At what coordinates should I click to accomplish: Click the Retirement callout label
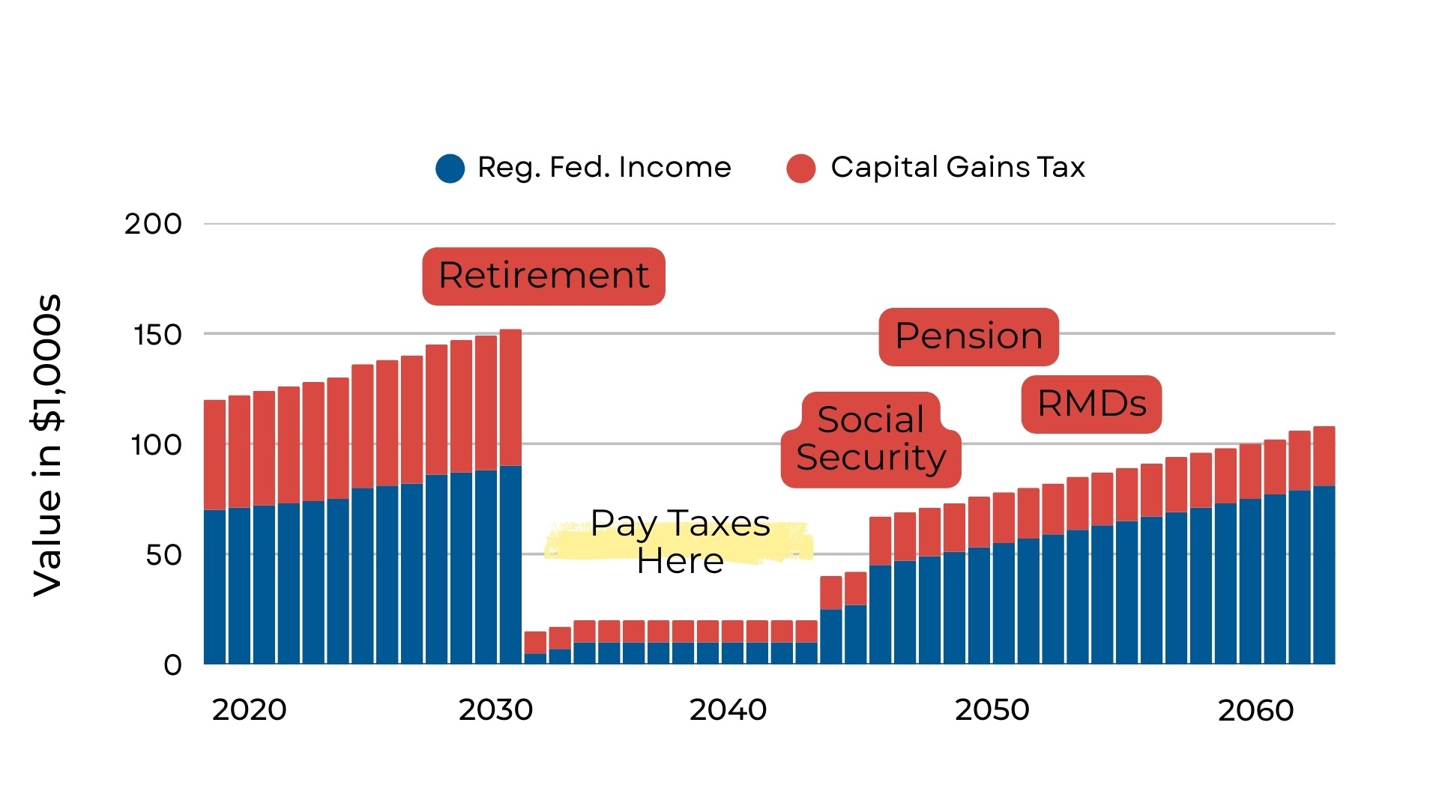(x=543, y=276)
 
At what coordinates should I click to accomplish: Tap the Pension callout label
(x=968, y=336)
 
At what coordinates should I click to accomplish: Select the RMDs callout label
(x=1091, y=404)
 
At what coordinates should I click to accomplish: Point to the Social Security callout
(x=871, y=440)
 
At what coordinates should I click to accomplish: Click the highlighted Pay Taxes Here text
(x=680, y=542)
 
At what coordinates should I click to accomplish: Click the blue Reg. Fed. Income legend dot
(x=450, y=168)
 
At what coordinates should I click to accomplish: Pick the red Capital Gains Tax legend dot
(x=800, y=168)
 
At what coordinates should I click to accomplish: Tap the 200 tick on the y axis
(x=153, y=224)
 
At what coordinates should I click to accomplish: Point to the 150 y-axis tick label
(x=157, y=335)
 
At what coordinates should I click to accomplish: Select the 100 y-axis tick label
(x=156, y=445)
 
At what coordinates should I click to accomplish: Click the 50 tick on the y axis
(x=163, y=555)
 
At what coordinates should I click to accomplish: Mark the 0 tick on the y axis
(x=172, y=665)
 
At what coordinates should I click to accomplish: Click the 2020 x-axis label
(x=249, y=710)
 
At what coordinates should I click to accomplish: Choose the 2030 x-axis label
(x=495, y=710)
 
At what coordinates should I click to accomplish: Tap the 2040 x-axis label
(x=728, y=710)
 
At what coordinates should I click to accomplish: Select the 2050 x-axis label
(x=992, y=710)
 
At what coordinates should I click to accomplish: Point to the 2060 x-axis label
(x=1255, y=710)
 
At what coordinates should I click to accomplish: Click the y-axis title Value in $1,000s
(x=46, y=446)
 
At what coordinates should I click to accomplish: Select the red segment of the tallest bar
(x=510, y=397)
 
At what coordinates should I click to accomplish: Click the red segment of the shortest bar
(x=535, y=642)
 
